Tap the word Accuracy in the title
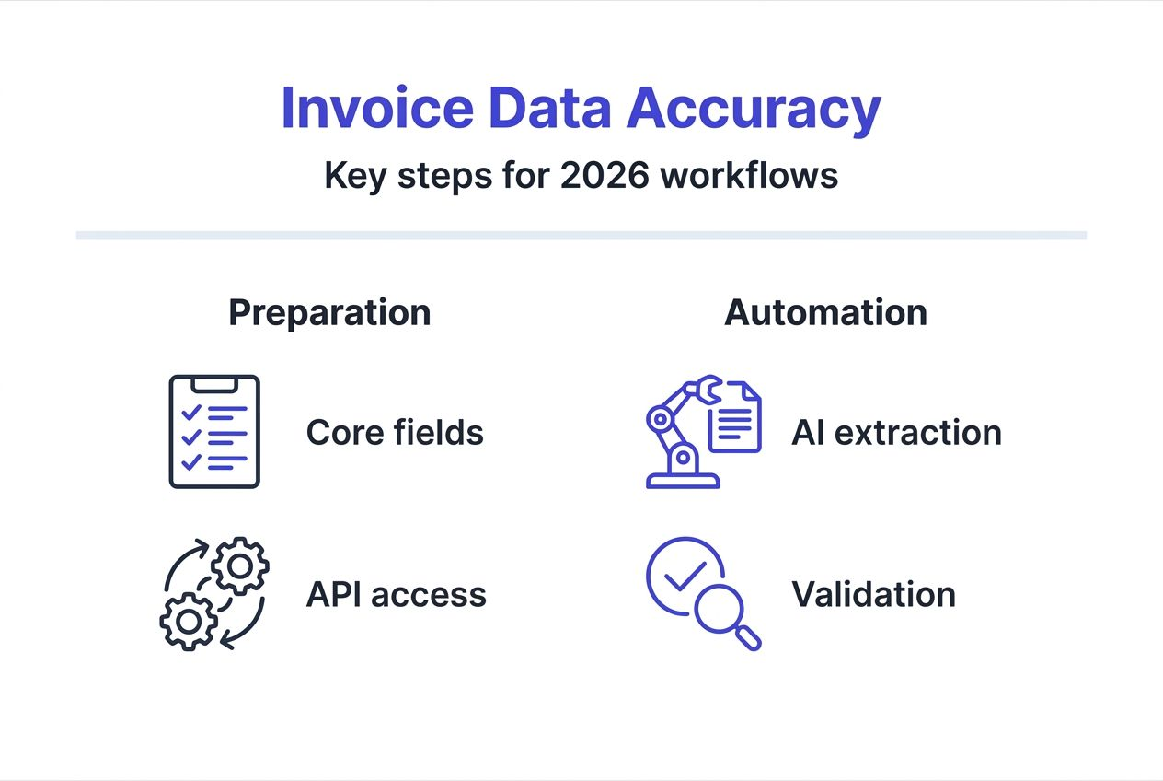tap(754, 109)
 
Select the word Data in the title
tap(550, 109)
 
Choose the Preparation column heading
tap(329, 313)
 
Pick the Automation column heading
tap(825, 313)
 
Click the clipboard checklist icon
tap(214, 431)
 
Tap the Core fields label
tap(395, 432)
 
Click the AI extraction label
tap(896, 432)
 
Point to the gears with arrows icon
tap(214, 593)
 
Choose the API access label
tap(396, 594)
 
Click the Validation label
tap(873, 594)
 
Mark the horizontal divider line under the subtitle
tap(581, 235)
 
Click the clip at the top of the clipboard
tap(214, 381)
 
